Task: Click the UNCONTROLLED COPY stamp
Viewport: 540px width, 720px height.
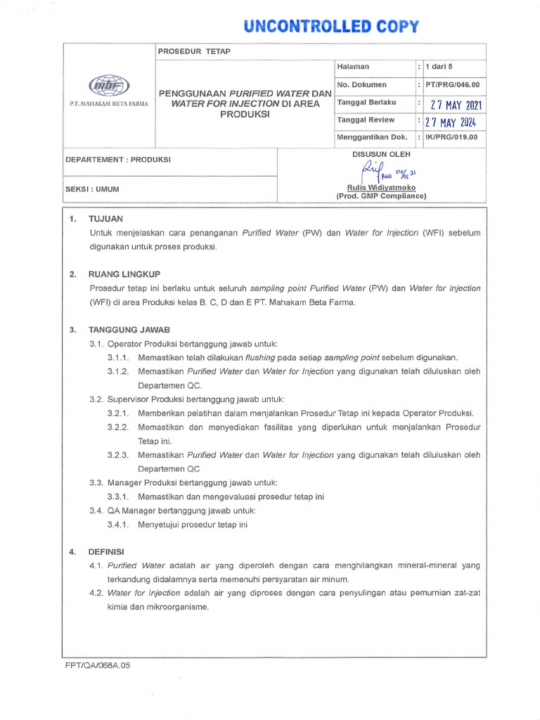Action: [x=331, y=27]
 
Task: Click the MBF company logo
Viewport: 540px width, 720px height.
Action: [x=108, y=87]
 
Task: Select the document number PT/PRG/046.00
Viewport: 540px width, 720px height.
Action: [x=452, y=85]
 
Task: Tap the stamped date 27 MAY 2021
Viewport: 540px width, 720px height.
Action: [x=455, y=105]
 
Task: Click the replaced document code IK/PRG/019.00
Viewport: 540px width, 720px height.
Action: [x=451, y=137]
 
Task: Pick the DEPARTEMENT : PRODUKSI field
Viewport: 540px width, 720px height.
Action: [x=118, y=160]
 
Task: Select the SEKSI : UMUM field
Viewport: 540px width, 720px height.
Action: [x=92, y=189]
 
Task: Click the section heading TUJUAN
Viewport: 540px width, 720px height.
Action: [x=105, y=219]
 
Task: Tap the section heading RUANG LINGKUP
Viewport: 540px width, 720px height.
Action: [x=124, y=274]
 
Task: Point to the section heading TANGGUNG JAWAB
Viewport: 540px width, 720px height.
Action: [x=129, y=329]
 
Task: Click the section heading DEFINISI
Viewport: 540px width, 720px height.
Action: [x=106, y=552]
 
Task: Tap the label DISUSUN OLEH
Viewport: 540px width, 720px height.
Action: [x=381, y=154]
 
